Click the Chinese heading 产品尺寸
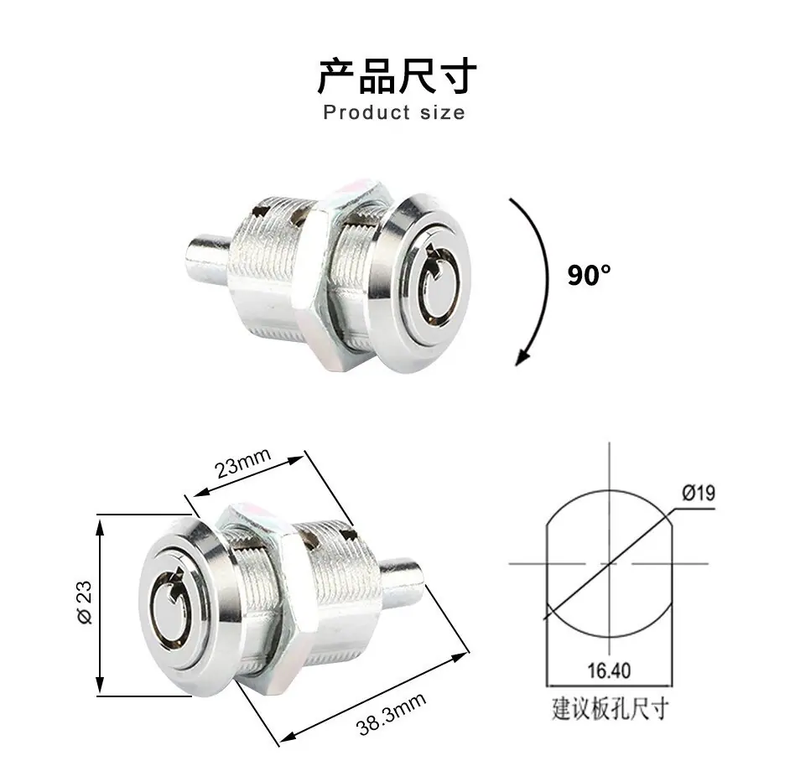[397, 76]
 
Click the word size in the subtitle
[442, 112]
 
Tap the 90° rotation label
[590, 275]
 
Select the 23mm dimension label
[243, 463]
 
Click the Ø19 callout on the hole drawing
[699, 493]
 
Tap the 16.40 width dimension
[609, 670]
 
